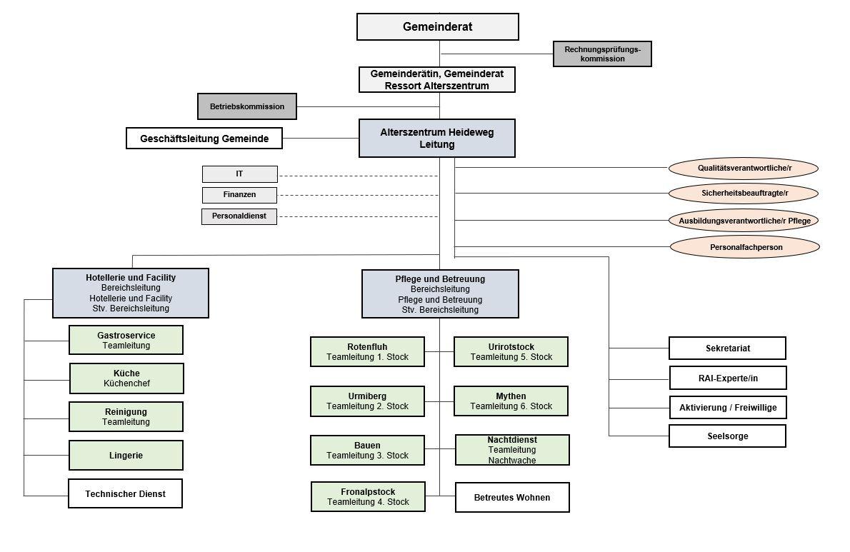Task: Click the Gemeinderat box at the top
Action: click(x=437, y=26)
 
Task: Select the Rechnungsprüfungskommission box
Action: click(x=602, y=54)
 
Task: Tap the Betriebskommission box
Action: click(x=247, y=106)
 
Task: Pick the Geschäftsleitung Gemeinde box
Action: click(x=204, y=138)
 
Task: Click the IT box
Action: click(x=239, y=174)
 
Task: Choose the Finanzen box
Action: click(x=239, y=194)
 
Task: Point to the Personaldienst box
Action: click(x=239, y=216)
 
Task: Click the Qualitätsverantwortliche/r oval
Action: click(x=743, y=168)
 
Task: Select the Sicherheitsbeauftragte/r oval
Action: click(x=744, y=193)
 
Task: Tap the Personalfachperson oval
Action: click(x=745, y=247)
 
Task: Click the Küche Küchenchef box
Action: click(x=127, y=378)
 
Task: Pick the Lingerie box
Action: click(x=126, y=455)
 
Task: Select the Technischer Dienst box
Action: click(x=125, y=493)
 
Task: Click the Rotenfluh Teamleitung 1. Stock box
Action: click(x=368, y=351)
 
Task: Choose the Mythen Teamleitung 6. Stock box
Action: click(x=511, y=401)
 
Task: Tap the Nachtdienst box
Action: click(x=512, y=450)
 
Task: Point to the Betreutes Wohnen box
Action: click(x=512, y=497)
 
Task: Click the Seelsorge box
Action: click(x=727, y=436)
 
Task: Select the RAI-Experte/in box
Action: click(x=728, y=378)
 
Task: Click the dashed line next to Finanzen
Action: click(x=359, y=195)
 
